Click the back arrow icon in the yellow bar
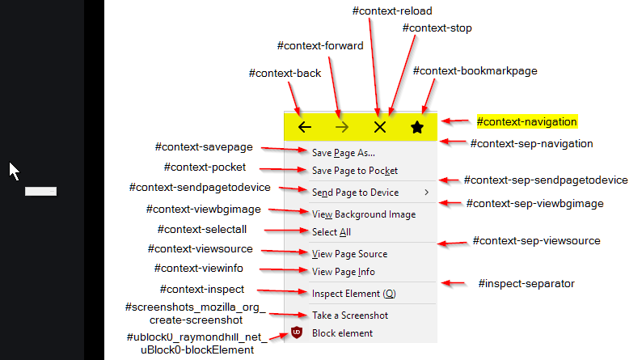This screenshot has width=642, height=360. click(x=304, y=127)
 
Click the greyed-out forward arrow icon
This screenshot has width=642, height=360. click(x=341, y=127)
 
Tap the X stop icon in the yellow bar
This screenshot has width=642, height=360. click(x=380, y=127)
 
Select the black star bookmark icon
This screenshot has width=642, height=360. click(x=416, y=127)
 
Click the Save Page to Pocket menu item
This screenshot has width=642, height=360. click(x=354, y=171)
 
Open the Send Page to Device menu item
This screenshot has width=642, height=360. click(x=355, y=193)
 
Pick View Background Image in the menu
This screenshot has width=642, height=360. click(x=363, y=214)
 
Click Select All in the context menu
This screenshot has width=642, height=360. click(x=331, y=232)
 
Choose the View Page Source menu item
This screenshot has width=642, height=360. click(x=349, y=254)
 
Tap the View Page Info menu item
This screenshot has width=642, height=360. click(x=343, y=272)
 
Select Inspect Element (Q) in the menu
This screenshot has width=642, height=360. click(x=353, y=294)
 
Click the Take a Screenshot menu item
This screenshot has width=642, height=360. click(x=349, y=316)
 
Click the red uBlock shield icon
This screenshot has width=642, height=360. click(x=297, y=332)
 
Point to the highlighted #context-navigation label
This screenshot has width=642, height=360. click(x=526, y=122)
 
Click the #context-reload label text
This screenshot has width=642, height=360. click(x=392, y=11)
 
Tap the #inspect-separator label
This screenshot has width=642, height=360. click(x=526, y=283)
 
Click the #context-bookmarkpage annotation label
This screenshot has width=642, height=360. click(x=475, y=71)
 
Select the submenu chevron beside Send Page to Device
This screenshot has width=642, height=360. click(x=427, y=193)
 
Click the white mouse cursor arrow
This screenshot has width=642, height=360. click(x=15, y=171)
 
